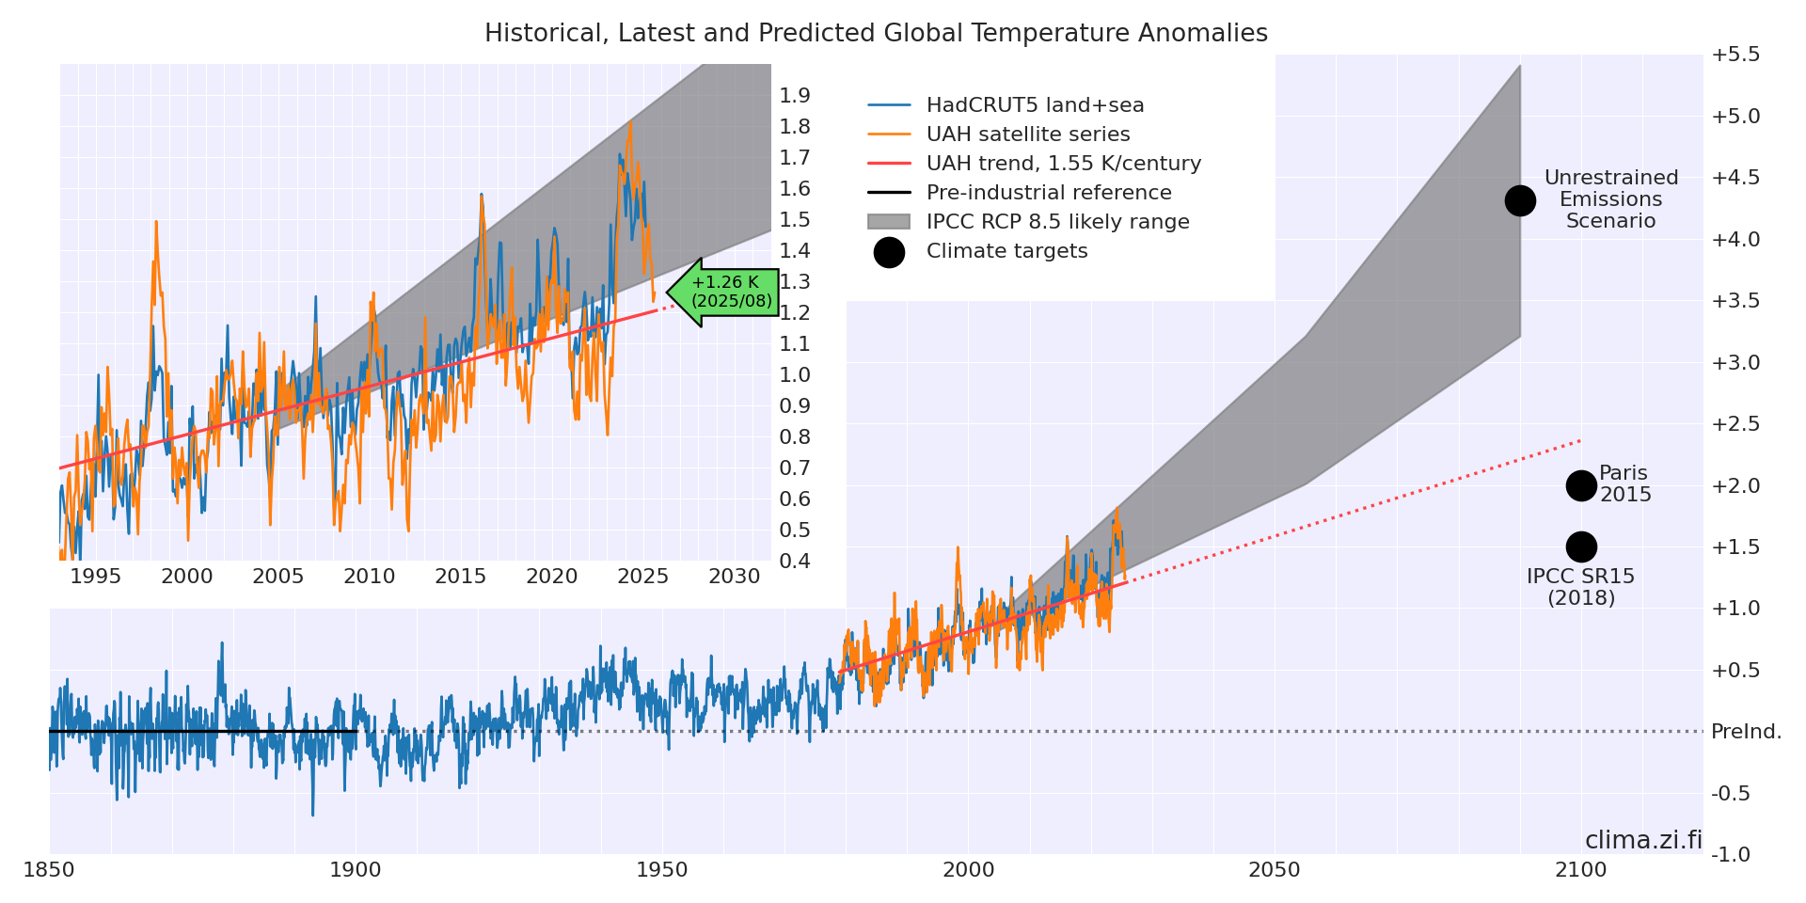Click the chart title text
pos(876,34)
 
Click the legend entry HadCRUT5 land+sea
pos(1035,105)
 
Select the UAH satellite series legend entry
pos(1027,135)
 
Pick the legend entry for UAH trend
pos(1063,164)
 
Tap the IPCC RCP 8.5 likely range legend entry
pos(1057,222)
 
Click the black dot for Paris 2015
pos(1581,485)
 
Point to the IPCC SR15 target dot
pos(1581,547)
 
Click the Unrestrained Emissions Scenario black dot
pos(1520,200)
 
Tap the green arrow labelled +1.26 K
pos(723,292)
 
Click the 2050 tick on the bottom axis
pos(1275,870)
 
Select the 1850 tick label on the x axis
pos(49,870)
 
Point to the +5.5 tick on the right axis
pos(1735,55)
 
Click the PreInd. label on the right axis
pos(1746,732)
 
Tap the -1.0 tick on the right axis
pos(1731,854)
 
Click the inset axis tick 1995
pos(95,576)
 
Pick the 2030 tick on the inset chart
pos(734,576)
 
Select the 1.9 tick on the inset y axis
pos(795,95)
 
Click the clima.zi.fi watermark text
pos(1643,840)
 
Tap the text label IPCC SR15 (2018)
pos(1580,587)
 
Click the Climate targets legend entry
pos(1006,251)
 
